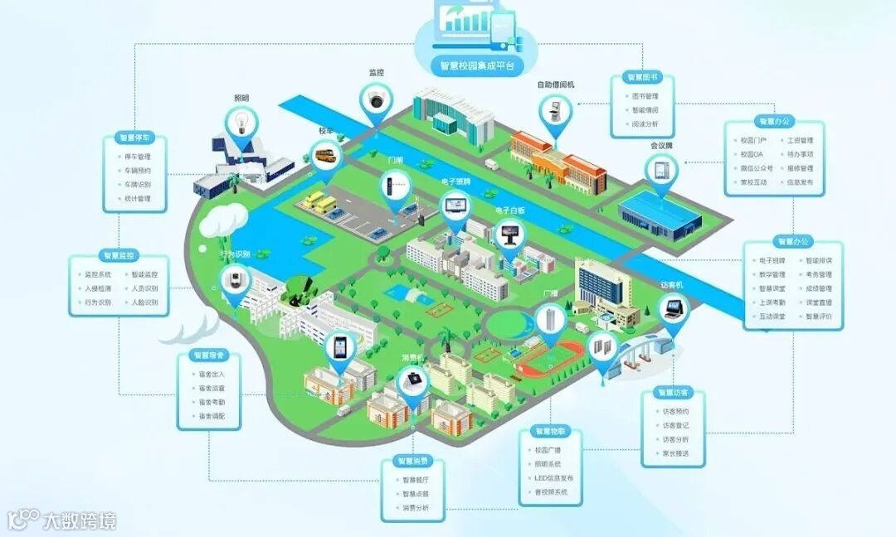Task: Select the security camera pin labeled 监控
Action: (x=377, y=101)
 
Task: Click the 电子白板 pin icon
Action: (x=509, y=235)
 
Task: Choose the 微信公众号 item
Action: (x=753, y=168)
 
